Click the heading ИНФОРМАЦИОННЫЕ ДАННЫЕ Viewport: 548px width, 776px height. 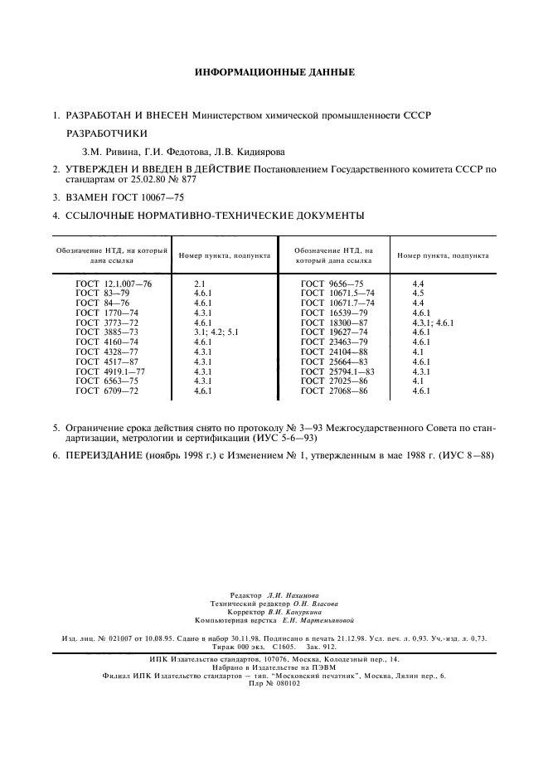tap(274, 73)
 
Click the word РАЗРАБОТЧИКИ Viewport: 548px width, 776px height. tap(107, 133)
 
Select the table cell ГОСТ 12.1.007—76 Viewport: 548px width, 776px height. tap(114, 284)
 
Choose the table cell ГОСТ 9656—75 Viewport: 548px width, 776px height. tap(332, 284)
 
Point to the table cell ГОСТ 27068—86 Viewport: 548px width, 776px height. tap(334, 390)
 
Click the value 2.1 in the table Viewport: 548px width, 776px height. tap(199, 284)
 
